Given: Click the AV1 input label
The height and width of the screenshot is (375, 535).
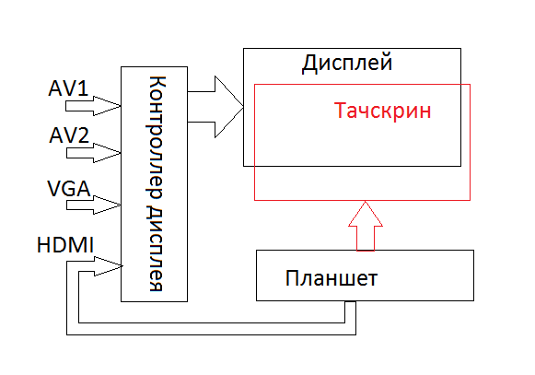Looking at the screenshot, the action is point(68,88).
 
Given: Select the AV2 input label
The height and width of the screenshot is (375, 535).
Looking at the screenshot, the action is point(69,135).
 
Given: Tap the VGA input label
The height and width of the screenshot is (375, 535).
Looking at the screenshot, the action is point(69,188).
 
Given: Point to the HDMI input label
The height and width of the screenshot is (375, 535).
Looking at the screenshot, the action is point(65,245).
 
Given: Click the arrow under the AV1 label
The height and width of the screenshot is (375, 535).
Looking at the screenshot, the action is point(93,106).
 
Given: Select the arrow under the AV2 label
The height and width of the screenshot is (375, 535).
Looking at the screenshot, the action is point(94,153).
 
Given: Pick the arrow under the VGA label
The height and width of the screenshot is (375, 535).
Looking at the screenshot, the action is point(94,205).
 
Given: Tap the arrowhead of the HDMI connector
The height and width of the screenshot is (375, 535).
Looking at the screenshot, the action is point(108,266).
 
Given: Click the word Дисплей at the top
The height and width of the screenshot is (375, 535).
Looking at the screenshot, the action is point(347,64).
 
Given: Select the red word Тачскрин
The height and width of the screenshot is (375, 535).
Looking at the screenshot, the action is point(382,111).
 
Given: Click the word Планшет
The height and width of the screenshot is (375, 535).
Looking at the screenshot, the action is point(331,278).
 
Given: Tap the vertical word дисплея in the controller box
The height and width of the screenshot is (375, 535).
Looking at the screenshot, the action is point(156,249).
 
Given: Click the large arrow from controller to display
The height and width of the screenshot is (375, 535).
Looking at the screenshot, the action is point(215,107).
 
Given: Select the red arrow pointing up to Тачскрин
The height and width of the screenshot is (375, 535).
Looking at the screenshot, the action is point(366,226).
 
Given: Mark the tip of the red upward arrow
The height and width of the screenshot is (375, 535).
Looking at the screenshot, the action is point(366,201).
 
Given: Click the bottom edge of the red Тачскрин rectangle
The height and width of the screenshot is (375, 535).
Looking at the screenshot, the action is point(363,200).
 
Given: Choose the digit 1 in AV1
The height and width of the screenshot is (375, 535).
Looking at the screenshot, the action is point(84,88).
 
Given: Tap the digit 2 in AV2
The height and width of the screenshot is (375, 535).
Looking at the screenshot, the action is point(84,135).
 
